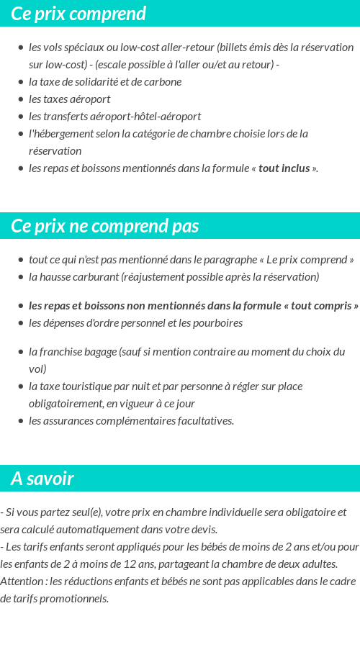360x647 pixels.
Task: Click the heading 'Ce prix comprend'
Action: pos(78,14)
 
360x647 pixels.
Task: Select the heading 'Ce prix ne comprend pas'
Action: pos(104,226)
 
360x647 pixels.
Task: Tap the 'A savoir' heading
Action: pos(42,479)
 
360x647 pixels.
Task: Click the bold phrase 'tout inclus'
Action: pos(284,168)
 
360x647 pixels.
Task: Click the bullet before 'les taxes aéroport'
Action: pos(21,99)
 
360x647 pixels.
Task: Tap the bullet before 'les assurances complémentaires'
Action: pos(21,421)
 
